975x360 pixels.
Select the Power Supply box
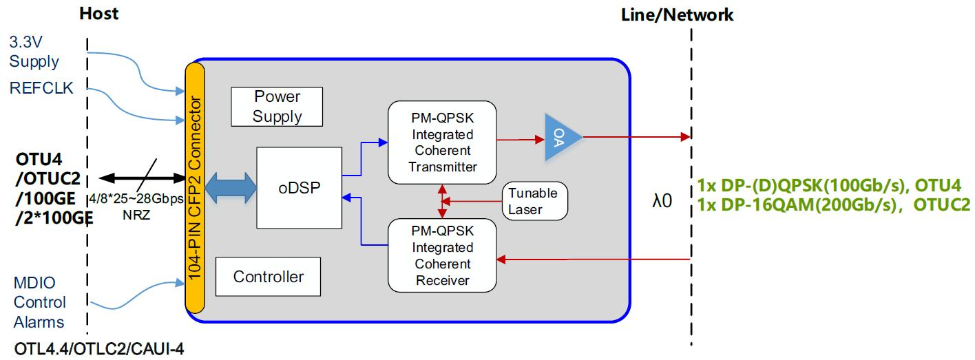pyautogui.click(x=277, y=106)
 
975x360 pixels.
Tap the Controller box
pyautogui.click(x=269, y=277)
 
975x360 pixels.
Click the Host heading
pyautogui.click(x=98, y=13)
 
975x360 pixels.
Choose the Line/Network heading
pyautogui.click(x=677, y=14)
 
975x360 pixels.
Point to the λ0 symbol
pyautogui.click(x=662, y=201)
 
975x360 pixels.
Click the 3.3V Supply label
pyautogui.click(x=34, y=52)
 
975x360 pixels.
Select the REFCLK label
pyautogui.click(x=41, y=87)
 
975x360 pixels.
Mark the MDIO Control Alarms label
pyautogui.click(x=39, y=302)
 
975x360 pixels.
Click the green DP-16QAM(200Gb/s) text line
pyautogui.click(x=833, y=204)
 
